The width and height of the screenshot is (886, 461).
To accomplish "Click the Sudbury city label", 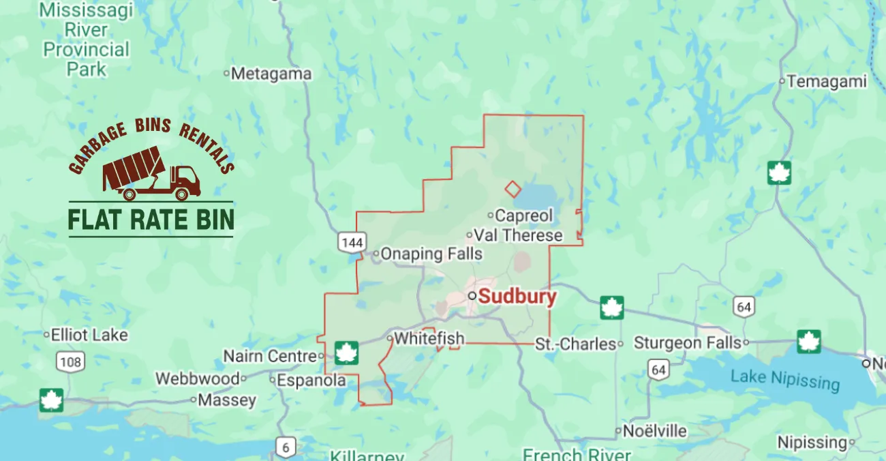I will pyautogui.click(x=517, y=297).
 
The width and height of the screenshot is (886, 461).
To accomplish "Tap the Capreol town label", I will pyautogui.click(x=523, y=215).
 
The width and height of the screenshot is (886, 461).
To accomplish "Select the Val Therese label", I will pyautogui.click(x=518, y=236).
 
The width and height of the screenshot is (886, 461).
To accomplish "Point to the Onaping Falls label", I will pyautogui.click(x=431, y=254).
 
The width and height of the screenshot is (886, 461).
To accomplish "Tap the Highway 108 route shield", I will pyautogui.click(x=71, y=361).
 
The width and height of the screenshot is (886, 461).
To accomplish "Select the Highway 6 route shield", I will pyautogui.click(x=286, y=447).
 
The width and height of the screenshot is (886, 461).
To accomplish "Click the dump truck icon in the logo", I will pyautogui.click(x=152, y=174).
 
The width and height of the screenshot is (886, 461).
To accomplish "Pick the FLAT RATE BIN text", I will pyautogui.click(x=151, y=219).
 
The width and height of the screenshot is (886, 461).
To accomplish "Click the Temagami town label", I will pyautogui.click(x=826, y=82).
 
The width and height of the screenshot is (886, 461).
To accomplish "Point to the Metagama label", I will pyautogui.click(x=271, y=74).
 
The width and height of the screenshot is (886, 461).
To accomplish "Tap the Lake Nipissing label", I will pyautogui.click(x=784, y=379).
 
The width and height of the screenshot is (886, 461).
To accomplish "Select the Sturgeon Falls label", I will pyautogui.click(x=687, y=342).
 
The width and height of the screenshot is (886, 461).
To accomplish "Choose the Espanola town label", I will pyautogui.click(x=311, y=381).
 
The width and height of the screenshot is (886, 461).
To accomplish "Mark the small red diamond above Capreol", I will pyautogui.click(x=513, y=189).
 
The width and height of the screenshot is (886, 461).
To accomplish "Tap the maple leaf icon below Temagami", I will pyautogui.click(x=779, y=173).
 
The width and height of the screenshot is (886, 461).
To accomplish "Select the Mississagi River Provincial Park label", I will pyautogui.click(x=87, y=40).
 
